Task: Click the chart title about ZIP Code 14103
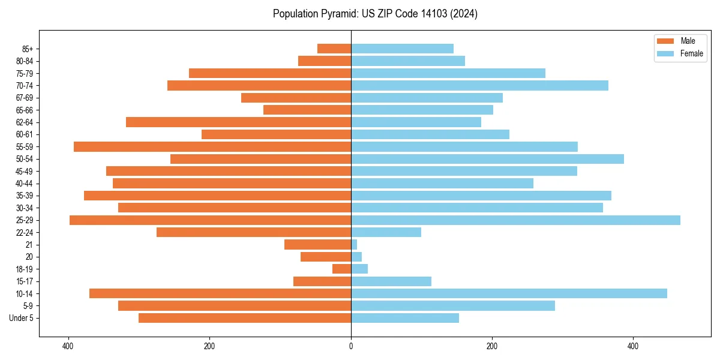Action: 375,14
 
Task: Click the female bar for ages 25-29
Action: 515,220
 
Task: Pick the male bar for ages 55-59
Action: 212,146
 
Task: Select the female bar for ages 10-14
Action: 509,293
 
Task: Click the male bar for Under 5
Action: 245,318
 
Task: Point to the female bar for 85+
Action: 402,49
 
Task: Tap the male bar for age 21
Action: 317,244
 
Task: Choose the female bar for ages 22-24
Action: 386,232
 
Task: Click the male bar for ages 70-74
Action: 259,85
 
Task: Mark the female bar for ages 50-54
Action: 487,159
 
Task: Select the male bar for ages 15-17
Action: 322,281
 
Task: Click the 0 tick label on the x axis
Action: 351,346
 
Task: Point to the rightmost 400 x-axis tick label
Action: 633,346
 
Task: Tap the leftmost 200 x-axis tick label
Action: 209,346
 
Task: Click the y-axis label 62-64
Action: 24,122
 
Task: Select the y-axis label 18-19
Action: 24,269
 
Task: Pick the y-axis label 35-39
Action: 24,196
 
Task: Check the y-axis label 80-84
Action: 24,61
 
